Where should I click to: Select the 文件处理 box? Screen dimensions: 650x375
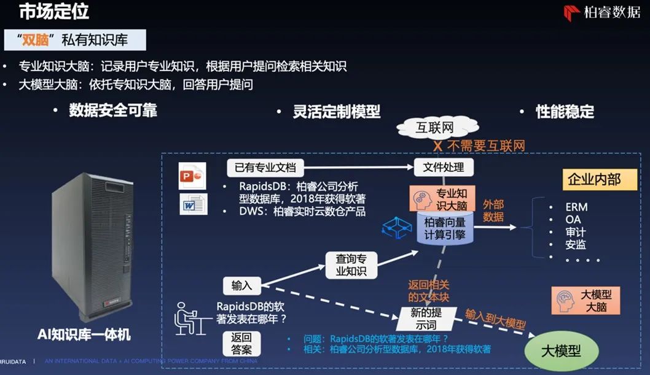pos(439,166)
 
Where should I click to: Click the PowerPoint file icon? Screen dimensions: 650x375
pos(192,176)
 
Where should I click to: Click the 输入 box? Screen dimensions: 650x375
pos(241,285)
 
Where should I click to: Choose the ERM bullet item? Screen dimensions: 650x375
pos(576,206)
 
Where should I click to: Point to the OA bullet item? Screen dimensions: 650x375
pos(573,219)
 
